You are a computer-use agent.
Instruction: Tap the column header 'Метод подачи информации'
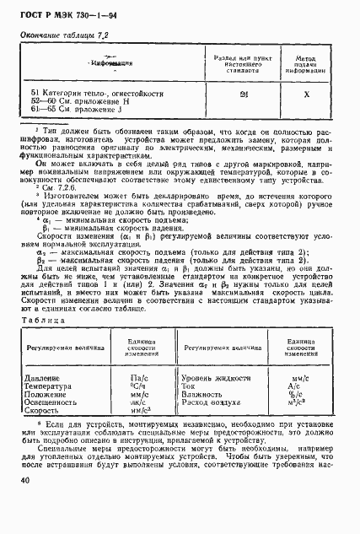[308, 62]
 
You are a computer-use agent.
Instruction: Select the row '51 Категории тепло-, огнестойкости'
[97, 94]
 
